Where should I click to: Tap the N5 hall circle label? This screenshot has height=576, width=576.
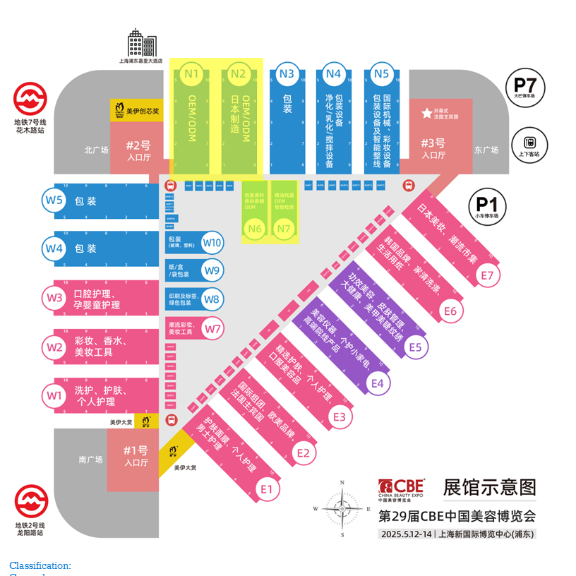click(381, 73)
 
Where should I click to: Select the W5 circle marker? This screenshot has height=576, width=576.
click(54, 200)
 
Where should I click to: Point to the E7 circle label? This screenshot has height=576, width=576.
click(487, 275)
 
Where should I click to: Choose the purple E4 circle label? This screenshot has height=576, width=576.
click(377, 383)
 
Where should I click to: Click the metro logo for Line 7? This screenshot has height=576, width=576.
click(30, 99)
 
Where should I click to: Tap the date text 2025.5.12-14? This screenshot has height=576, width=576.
click(405, 534)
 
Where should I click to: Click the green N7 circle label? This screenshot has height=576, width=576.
click(284, 228)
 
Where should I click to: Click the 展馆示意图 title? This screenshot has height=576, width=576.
click(489, 487)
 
